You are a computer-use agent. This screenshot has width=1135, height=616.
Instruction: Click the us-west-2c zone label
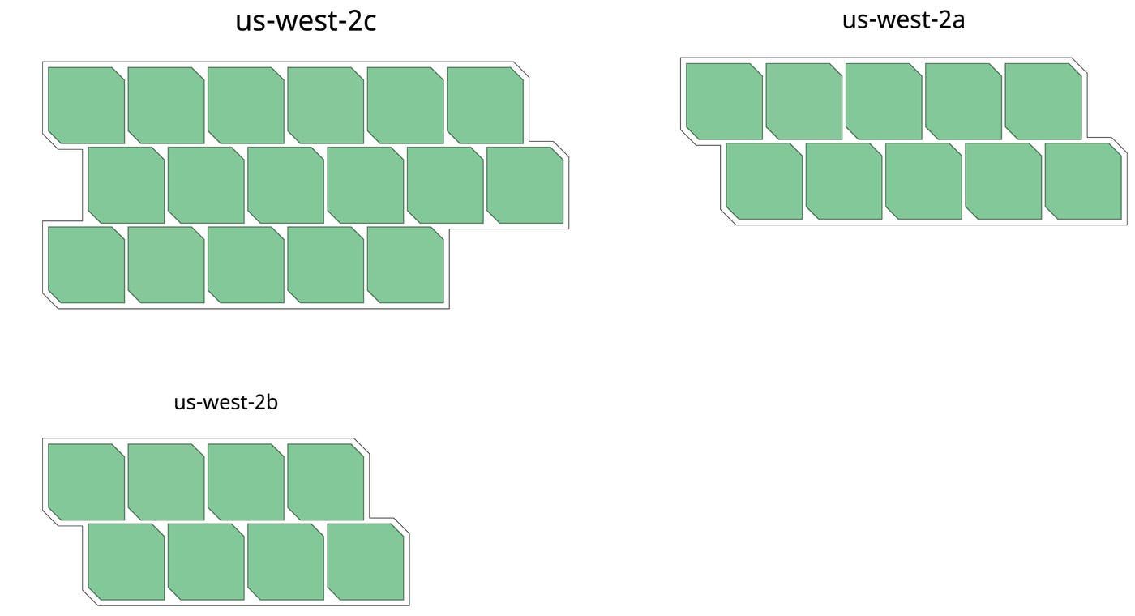[x=306, y=22]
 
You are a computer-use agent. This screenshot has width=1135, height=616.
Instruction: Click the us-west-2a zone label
[x=903, y=20]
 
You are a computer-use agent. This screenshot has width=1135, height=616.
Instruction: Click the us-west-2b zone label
[x=226, y=402]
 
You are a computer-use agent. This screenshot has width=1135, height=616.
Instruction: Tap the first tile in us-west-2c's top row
[x=86, y=105]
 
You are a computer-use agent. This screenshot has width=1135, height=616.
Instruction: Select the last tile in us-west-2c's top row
[x=485, y=105]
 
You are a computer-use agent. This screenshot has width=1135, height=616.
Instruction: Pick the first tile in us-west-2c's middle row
[x=126, y=185]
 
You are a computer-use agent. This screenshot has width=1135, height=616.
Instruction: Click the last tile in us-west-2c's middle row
[x=525, y=185]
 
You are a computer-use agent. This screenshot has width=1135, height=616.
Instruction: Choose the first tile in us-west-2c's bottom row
[x=86, y=265]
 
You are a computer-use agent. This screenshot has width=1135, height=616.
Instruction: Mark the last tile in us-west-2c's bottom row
[x=405, y=265]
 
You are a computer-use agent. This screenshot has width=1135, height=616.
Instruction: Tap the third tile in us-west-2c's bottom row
[x=246, y=265]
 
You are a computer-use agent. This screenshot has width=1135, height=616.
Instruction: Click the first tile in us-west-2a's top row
[x=724, y=101]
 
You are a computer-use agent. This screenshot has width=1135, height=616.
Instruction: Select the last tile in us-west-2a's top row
[x=1043, y=101]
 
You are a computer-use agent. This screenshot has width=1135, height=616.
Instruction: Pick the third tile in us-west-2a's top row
[x=884, y=101]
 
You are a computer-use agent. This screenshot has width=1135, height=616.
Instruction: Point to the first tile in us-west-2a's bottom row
[x=764, y=181]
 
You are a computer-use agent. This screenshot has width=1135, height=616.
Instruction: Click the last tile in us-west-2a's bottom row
[x=1083, y=181]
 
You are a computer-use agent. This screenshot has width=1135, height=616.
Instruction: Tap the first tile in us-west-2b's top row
[x=86, y=481]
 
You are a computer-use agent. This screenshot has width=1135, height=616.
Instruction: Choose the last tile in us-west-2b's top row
[x=326, y=481]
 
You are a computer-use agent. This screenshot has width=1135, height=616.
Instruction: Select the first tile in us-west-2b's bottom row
[x=126, y=562]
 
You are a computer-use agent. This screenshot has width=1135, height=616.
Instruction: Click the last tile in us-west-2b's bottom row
[x=366, y=562]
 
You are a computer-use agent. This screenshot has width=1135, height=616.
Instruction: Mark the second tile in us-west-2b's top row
[x=166, y=481]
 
